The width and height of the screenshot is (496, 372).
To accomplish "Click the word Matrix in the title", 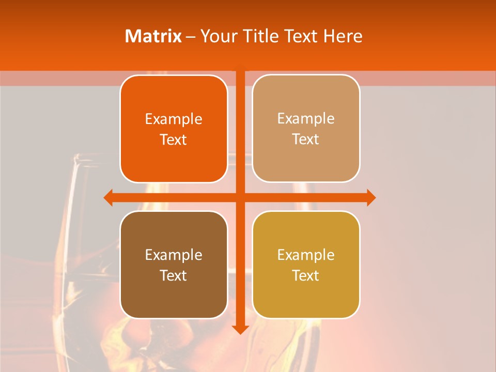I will (153, 36).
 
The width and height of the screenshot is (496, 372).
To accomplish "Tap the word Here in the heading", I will (343, 36).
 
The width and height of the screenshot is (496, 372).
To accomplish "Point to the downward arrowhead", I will (240, 329).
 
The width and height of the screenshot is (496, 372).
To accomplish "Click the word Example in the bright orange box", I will (174, 119).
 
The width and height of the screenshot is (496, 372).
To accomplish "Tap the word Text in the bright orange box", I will (174, 140).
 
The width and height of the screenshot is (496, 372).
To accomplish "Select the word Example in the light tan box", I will (306, 119).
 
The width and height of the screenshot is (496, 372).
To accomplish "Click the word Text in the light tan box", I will (306, 139).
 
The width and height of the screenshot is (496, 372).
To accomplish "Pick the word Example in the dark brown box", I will (174, 255).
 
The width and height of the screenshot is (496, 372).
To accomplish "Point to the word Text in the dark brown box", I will (174, 275).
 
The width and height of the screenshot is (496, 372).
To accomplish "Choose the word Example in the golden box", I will (306, 255).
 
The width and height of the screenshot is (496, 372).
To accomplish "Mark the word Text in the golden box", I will (306, 275).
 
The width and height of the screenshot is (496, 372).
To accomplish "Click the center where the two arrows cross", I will (240, 197).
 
